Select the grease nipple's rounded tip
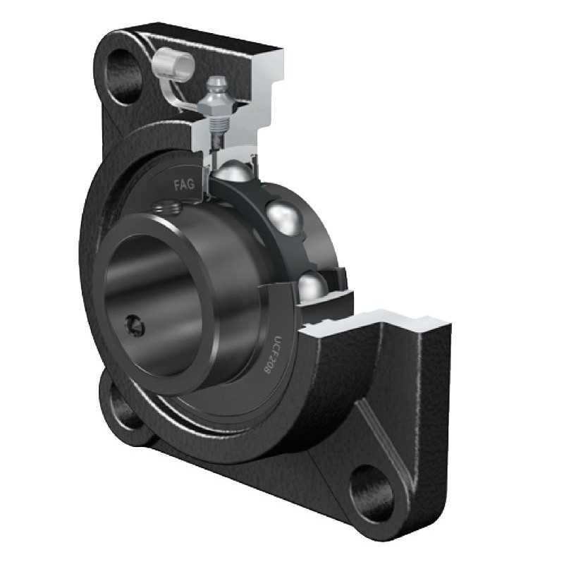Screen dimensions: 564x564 point(216,82)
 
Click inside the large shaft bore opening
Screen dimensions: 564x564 point(152,296)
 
